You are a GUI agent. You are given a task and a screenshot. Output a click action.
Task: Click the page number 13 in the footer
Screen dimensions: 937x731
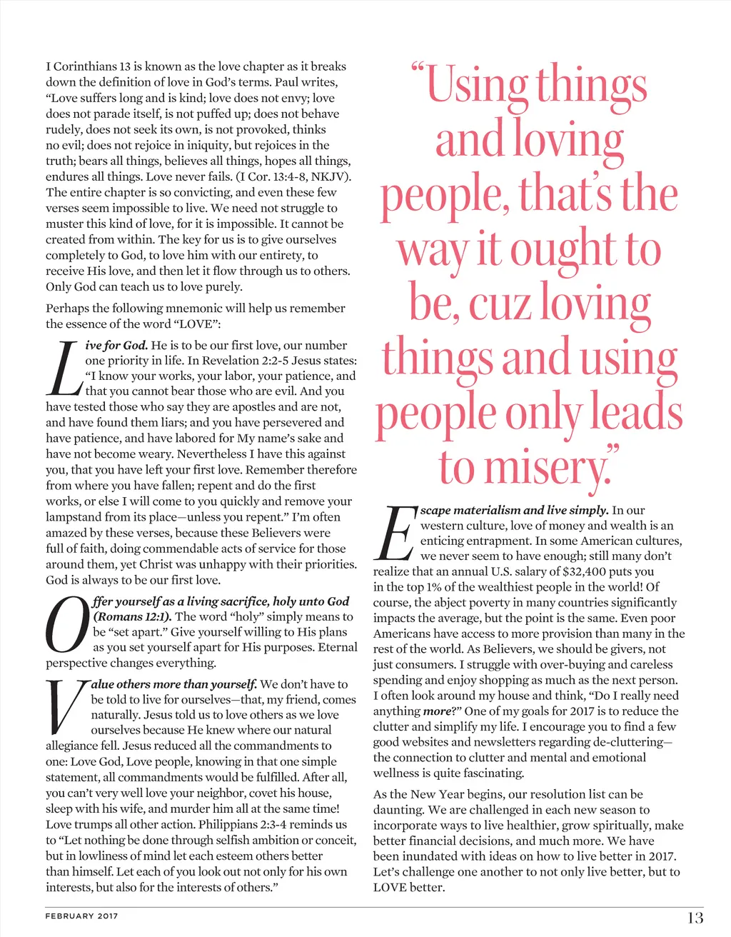coord(695,918)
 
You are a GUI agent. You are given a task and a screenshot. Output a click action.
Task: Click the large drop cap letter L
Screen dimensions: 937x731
coord(64,369)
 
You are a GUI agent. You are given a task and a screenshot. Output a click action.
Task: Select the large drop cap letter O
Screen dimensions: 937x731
coord(66,626)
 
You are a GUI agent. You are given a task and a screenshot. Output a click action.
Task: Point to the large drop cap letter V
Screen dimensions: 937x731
coord(66,707)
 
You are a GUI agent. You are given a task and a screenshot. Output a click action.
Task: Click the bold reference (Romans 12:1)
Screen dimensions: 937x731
coord(132,616)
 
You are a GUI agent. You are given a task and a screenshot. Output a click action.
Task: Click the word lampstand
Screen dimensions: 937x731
coord(74,517)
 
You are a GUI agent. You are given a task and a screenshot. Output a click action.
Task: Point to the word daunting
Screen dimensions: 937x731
coord(398,810)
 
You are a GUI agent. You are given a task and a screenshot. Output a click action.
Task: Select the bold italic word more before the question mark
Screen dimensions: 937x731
coord(437,711)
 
